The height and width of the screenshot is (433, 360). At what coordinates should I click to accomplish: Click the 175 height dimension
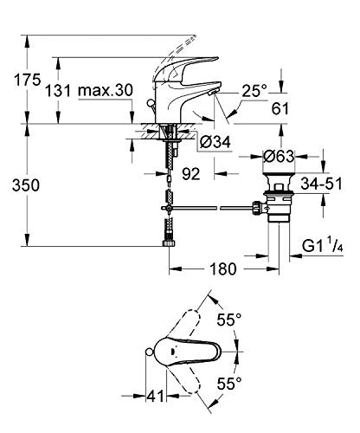pyautogui.click(x=28, y=80)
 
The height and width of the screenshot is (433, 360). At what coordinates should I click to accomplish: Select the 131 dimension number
pyautogui.click(x=58, y=91)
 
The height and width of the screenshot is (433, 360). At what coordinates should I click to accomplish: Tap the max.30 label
pyautogui.click(x=106, y=90)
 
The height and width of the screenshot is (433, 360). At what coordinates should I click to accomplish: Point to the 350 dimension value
pyautogui.click(x=26, y=185)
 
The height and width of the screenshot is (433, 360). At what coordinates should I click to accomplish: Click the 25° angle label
pyautogui.click(x=254, y=91)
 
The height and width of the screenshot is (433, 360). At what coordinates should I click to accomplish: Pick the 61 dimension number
pyautogui.click(x=280, y=108)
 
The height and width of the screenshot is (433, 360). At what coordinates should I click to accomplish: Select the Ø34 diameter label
pyautogui.click(x=215, y=142)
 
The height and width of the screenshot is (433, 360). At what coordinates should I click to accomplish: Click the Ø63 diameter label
pyautogui.click(x=279, y=157)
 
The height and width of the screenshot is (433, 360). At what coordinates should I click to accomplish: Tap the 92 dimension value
pyautogui.click(x=191, y=174)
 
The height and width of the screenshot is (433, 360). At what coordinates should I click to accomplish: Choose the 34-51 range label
pyautogui.click(x=321, y=184)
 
